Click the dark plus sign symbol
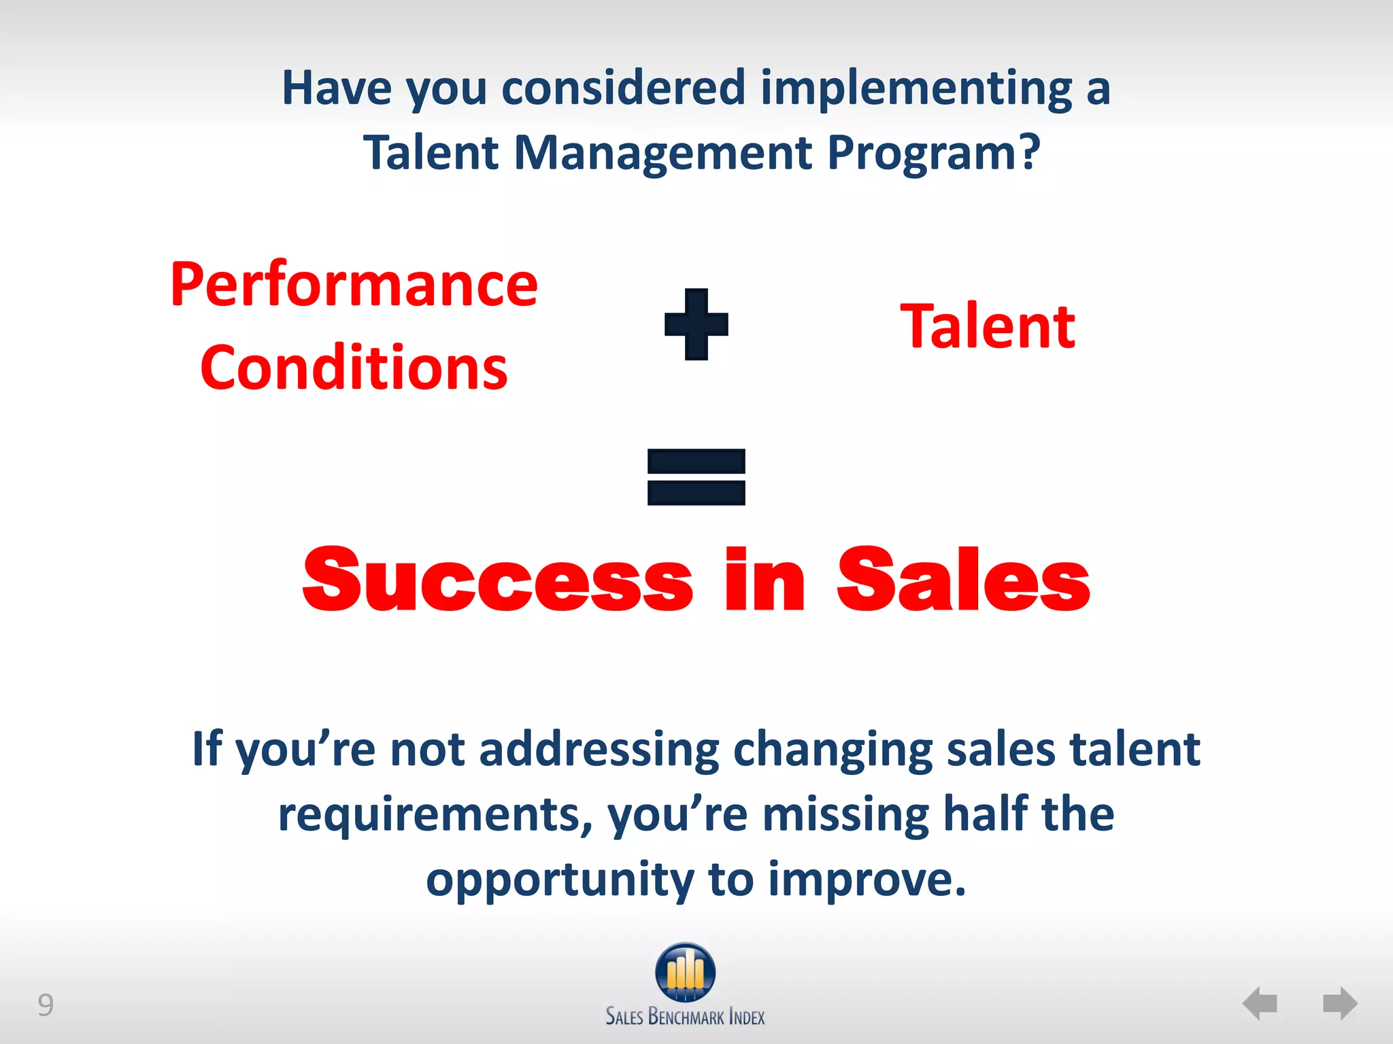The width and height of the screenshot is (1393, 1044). point(696,324)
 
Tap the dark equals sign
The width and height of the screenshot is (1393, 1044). point(696,476)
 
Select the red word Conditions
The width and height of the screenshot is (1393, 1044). point(354,368)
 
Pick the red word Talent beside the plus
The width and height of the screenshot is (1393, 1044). point(988,327)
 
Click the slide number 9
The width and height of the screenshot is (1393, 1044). point(45,1005)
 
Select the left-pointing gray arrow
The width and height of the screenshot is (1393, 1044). point(1260,1003)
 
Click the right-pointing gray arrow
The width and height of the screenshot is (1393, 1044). point(1340,1003)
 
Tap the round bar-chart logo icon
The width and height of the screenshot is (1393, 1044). point(686,972)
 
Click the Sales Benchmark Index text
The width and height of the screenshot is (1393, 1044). point(686,1017)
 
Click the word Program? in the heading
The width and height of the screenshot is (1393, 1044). point(934,152)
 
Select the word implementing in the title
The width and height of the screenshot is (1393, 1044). point(916,88)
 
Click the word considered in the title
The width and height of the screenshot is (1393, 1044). point(624,88)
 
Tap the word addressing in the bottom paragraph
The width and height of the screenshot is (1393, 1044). point(599,749)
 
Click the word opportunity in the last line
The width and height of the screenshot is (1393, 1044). point(560,880)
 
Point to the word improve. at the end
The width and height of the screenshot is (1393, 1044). point(867,880)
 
